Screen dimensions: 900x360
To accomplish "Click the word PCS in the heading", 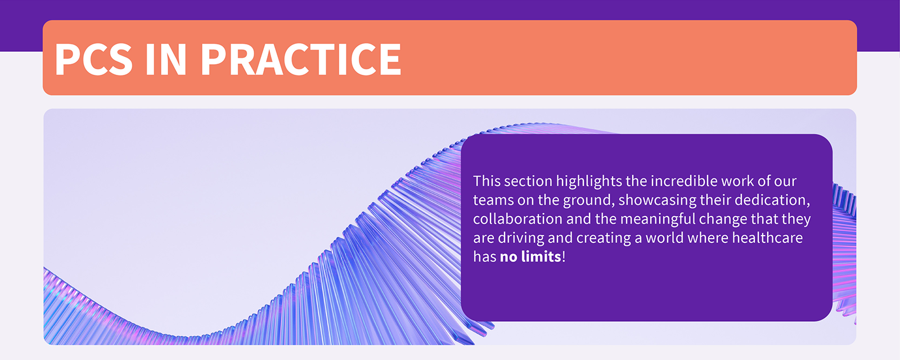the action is [x=93, y=58].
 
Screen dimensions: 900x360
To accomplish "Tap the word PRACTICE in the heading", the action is [x=301, y=58].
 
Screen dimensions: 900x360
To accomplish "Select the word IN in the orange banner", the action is [x=166, y=58].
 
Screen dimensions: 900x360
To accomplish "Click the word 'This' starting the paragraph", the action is [x=487, y=181].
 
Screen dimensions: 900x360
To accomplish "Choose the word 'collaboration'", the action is [x=518, y=219].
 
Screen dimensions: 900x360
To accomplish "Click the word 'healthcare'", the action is [x=767, y=238].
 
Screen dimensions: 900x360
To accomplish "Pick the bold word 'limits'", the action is [x=541, y=256].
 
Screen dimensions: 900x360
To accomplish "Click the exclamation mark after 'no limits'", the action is [x=564, y=256].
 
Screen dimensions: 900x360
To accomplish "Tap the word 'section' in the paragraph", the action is [x=528, y=181].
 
